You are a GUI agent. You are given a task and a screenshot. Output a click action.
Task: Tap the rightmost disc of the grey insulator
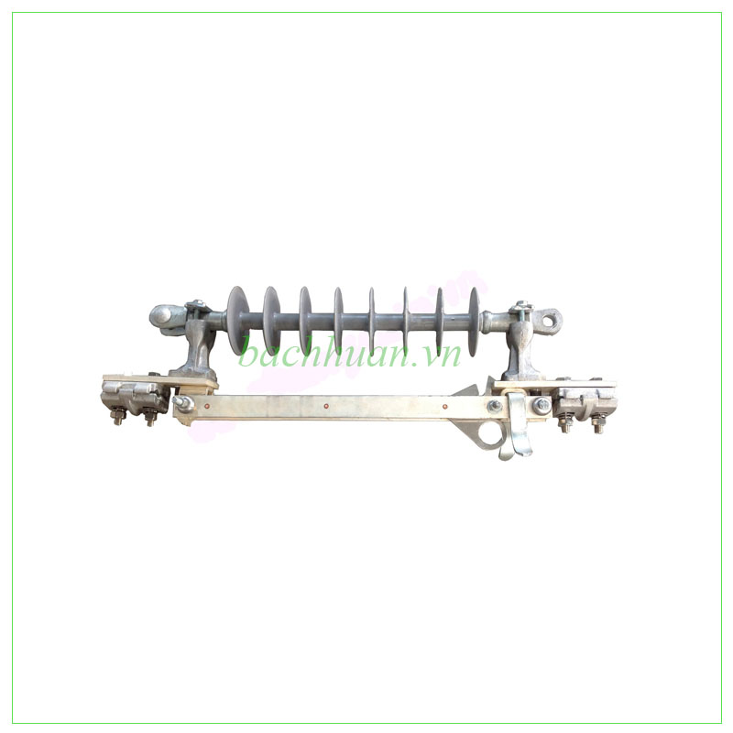475,320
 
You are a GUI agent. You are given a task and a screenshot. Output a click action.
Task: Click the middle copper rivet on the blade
326,406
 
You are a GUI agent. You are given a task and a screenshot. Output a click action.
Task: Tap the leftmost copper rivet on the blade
206,407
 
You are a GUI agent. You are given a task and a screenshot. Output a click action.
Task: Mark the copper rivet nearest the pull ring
444,406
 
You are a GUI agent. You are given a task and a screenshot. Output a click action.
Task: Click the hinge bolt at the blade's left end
183,403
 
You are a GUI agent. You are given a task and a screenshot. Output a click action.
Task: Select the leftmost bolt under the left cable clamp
117,417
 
